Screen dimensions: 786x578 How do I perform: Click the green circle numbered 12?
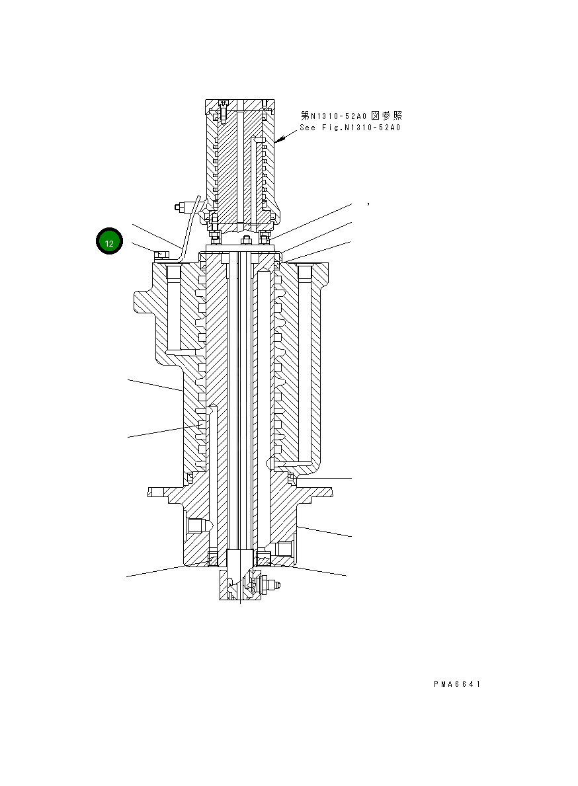click(110, 243)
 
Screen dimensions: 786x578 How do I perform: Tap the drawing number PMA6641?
click(457, 684)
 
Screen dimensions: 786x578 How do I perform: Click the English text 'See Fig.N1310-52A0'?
click(350, 128)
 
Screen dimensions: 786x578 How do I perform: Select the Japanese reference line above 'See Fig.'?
click(351, 116)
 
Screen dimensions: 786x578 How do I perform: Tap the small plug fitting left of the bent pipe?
click(179, 208)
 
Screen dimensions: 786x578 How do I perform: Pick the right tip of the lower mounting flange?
click(330, 491)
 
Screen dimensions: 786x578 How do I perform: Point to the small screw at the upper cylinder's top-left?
click(223, 104)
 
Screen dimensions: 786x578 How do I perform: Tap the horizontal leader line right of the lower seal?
click(323, 477)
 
